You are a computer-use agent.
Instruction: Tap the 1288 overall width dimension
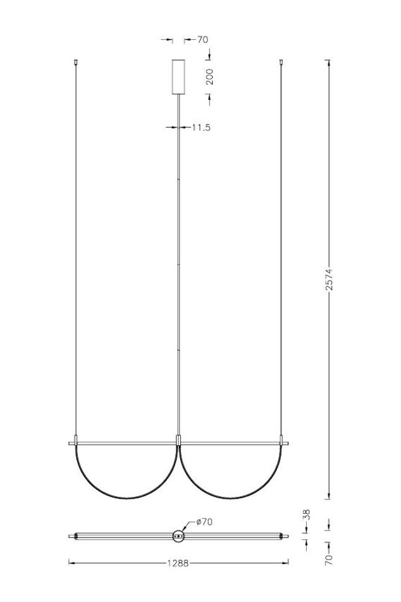(178, 563)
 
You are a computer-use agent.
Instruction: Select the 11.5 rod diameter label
(202, 127)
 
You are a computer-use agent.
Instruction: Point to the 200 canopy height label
(209, 77)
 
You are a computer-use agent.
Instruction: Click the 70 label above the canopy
(202, 39)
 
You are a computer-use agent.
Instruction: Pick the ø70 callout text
(204, 522)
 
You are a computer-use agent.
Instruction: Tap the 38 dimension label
(307, 515)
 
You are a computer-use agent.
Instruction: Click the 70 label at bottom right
(329, 560)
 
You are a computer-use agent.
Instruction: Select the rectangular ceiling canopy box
(178, 77)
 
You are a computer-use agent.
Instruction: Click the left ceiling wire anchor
(76, 61)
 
